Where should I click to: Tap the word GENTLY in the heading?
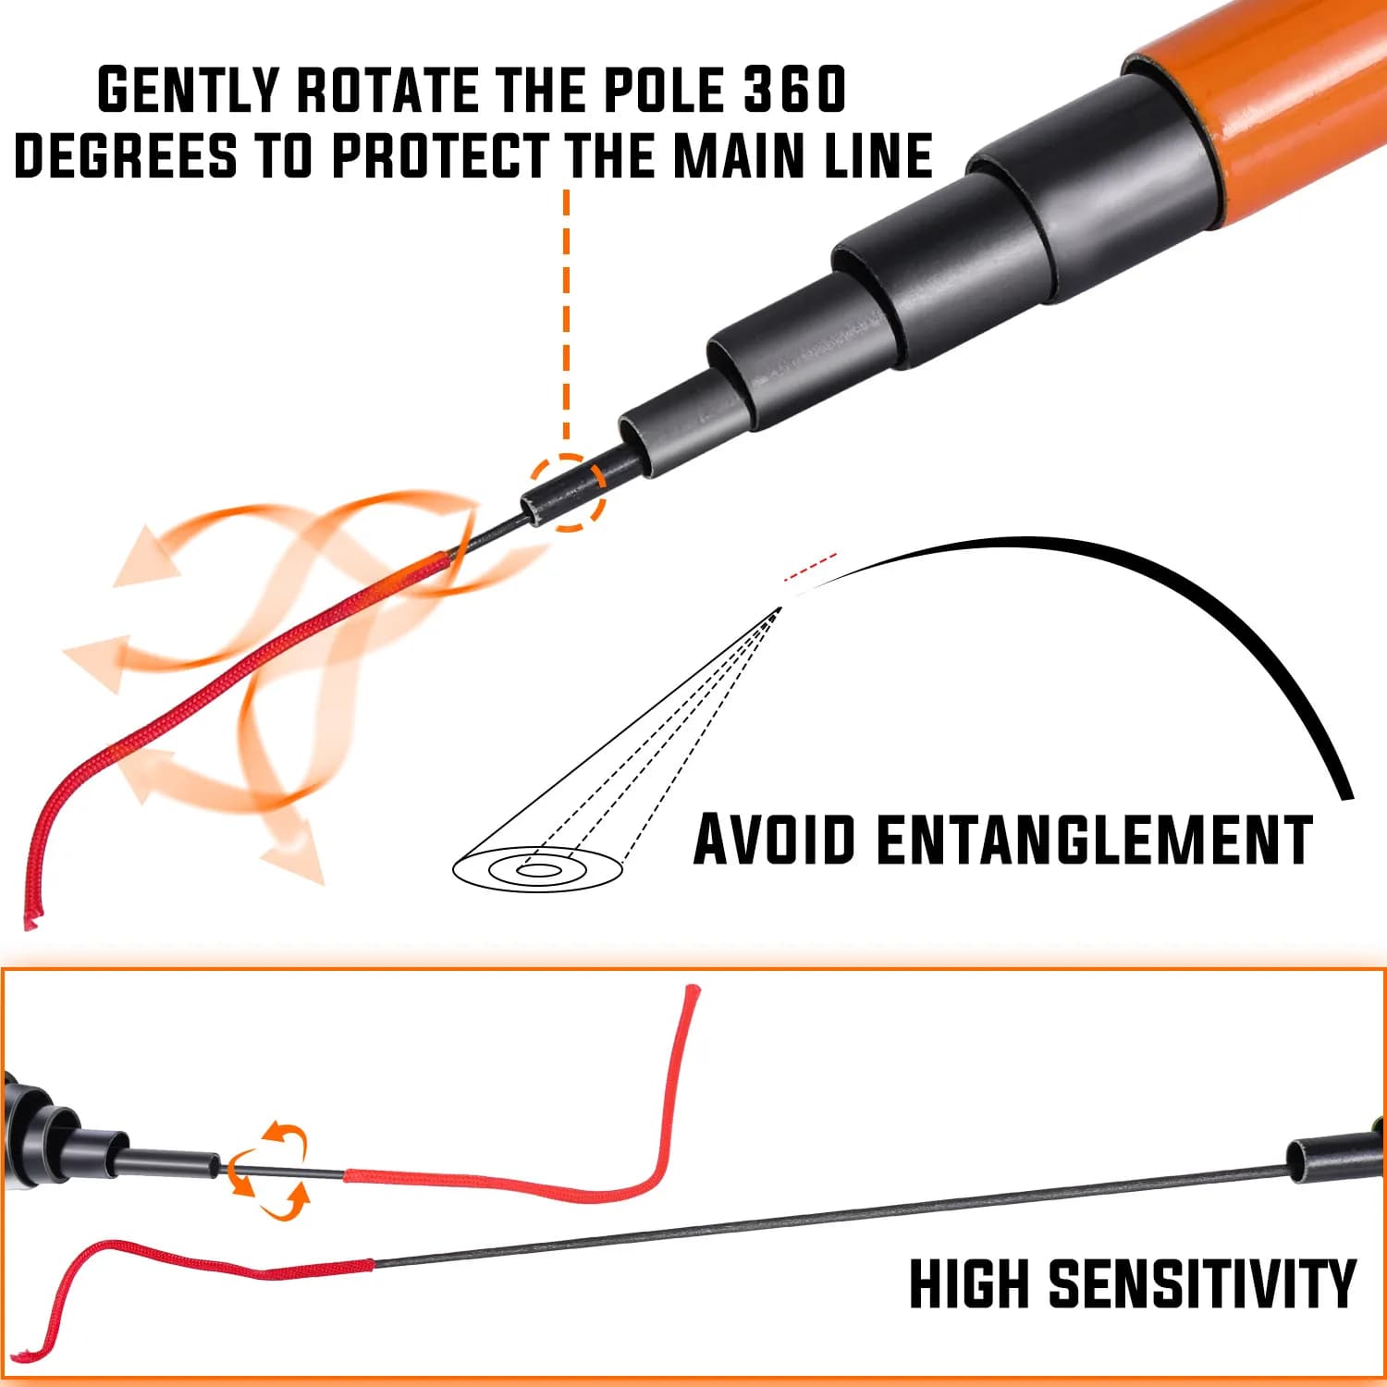pos(189,90)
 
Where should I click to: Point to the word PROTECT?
pos(439,154)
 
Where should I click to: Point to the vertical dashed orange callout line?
pos(566,319)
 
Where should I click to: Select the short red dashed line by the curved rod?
pos(810,567)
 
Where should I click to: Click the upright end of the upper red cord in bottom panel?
pos(690,995)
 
